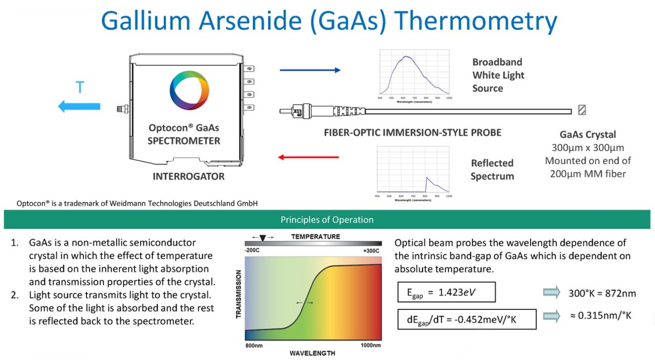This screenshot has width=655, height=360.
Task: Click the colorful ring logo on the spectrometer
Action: [x=189, y=90]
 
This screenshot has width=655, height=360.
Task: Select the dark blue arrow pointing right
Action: [x=310, y=70]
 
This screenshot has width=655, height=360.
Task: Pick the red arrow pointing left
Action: [x=309, y=157]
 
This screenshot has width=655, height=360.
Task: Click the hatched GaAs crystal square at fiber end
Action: [x=581, y=110]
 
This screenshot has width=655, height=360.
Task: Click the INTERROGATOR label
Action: [x=188, y=176]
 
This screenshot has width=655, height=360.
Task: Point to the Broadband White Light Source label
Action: [x=498, y=75]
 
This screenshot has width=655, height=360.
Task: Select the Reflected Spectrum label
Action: [x=492, y=169]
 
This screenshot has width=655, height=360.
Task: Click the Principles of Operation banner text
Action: [x=327, y=220]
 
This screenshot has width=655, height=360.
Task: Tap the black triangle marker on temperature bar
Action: [x=263, y=238]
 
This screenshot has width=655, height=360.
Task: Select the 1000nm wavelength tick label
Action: [x=370, y=345]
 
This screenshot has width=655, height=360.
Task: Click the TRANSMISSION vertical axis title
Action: [x=239, y=299]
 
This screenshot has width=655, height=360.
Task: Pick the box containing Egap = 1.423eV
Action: [x=447, y=292]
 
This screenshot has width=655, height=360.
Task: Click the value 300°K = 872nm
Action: [x=602, y=293]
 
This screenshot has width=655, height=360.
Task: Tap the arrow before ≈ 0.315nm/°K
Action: [x=551, y=316]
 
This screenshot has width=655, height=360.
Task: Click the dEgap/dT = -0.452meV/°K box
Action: [x=467, y=319]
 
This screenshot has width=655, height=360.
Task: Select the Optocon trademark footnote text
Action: [x=137, y=203]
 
